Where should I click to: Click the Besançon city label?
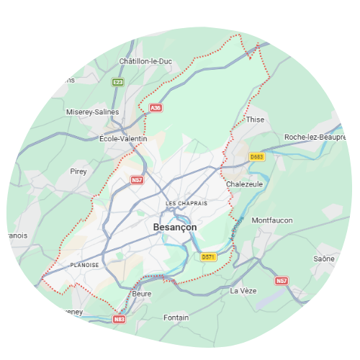175,227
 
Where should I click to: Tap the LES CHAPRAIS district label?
186,204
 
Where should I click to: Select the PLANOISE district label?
85,265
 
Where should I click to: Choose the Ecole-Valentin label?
123,138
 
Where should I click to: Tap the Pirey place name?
78,171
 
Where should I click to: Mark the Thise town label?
256,120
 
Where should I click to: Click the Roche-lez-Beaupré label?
311,137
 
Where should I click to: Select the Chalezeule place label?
244,184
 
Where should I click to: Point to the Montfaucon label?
272,220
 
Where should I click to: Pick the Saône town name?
325,258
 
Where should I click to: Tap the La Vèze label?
243,291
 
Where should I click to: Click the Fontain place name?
176,317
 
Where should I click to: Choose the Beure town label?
142,294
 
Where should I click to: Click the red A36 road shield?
156,108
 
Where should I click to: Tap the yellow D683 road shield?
257,157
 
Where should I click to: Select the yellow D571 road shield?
208,256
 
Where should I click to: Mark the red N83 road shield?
120,318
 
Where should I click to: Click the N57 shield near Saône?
282,280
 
